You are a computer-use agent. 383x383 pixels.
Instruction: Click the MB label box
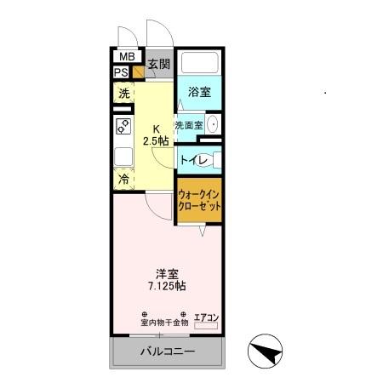pyautogui.click(x=126, y=58)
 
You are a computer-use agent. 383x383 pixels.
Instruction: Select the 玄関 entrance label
pyautogui.click(x=158, y=64)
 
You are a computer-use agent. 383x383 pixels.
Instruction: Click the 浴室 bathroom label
pyautogui.click(x=201, y=91)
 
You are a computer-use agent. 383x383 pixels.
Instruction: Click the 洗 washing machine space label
pyautogui.click(x=124, y=94)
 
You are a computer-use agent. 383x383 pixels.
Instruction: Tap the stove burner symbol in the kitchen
pyautogui.click(x=123, y=129)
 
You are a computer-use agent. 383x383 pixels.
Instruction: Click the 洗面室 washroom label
pyautogui.click(x=188, y=125)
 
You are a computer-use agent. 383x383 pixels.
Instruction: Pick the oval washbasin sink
pyautogui.click(x=213, y=124)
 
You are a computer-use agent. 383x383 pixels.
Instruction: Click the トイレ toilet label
pyautogui.click(x=191, y=158)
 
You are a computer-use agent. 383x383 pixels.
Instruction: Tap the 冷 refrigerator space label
pyautogui.click(x=124, y=180)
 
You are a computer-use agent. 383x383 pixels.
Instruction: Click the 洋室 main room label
pyautogui.click(x=166, y=274)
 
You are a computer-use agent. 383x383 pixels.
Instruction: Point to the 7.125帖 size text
pyautogui.click(x=167, y=288)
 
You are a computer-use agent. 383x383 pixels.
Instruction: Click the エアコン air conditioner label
pyautogui.click(x=207, y=317)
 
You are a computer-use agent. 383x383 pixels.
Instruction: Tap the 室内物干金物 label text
pyautogui.click(x=164, y=323)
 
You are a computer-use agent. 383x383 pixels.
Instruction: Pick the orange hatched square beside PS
pyautogui.click(x=137, y=72)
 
